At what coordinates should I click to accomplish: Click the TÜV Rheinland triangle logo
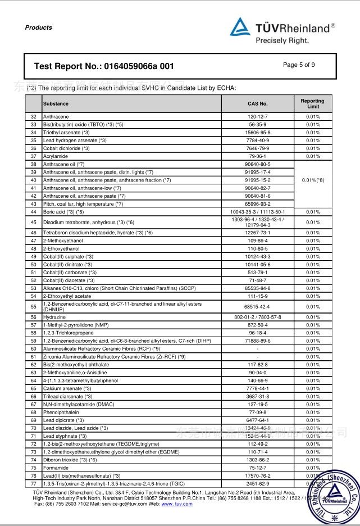pos(240,26)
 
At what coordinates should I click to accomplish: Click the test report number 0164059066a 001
pos(104,66)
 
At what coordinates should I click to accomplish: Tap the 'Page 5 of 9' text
pos(299,65)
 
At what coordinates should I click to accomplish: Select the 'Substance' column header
pos(56,104)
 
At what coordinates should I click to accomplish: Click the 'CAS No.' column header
pos(257,104)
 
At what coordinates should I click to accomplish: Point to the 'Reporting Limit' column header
pos(313,104)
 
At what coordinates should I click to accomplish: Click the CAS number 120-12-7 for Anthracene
pos(257,117)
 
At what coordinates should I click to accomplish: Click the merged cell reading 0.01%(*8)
pos(313,180)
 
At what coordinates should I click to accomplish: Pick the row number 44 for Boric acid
pos(33,212)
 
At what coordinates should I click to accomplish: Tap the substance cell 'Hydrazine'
pos(54,317)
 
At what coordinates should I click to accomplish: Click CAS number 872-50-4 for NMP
pos(257,325)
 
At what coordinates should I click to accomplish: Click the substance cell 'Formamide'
pos(56,468)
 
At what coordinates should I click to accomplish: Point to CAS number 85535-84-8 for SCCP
pos(257,288)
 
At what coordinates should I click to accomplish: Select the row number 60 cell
pos(33,348)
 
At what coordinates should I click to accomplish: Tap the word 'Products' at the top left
pos(39,28)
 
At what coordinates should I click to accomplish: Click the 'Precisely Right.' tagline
pos(282,40)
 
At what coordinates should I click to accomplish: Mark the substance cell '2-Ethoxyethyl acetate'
pos(67,296)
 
